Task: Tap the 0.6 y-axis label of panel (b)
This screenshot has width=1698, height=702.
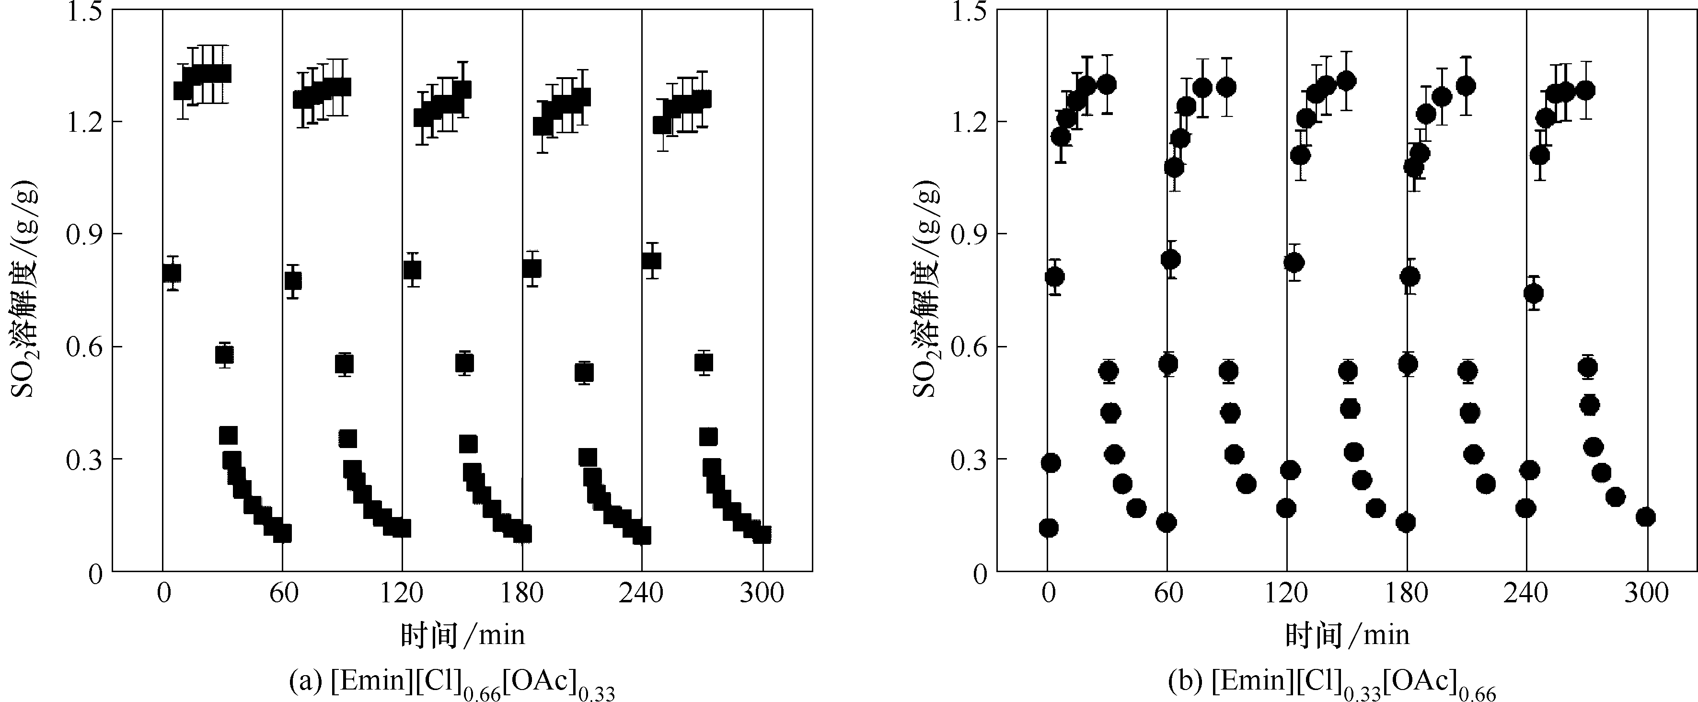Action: [970, 347]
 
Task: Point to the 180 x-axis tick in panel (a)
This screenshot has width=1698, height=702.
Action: [522, 593]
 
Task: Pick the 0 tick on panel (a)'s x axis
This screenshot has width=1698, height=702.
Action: [163, 593]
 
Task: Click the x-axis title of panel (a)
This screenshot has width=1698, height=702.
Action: [463, 635]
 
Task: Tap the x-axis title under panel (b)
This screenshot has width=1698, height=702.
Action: [1347, 635]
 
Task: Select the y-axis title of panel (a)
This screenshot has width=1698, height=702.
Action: [24, 290]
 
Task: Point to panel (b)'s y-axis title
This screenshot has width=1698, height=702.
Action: [926, 290]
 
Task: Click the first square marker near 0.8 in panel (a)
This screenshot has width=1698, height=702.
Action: [172, 273]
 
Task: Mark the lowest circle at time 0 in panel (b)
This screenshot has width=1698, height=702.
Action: [1049, 527]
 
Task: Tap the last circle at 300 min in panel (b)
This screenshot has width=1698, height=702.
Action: [1646, 517]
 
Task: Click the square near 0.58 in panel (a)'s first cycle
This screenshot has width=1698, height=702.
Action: [224, 355]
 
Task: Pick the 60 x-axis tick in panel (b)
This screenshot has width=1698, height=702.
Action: [1167, 593]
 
